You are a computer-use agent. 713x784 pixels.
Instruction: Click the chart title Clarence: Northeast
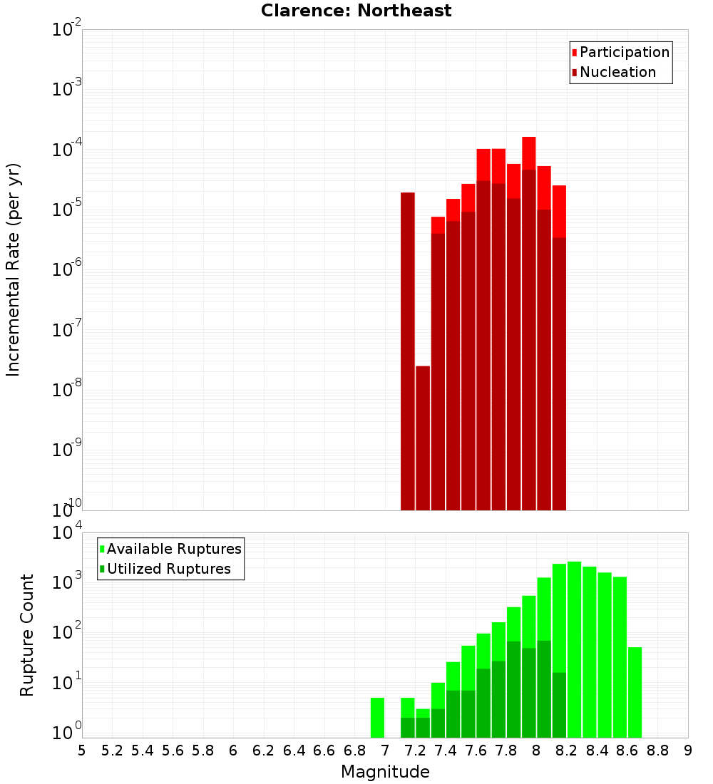356,11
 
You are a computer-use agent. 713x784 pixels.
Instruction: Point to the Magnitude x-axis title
385,772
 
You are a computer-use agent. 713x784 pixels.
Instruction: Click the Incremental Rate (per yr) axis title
14,269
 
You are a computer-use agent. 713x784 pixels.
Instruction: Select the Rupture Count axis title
27,635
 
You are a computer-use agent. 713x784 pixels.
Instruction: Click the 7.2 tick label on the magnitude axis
415,751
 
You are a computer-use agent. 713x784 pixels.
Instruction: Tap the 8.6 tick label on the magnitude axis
627,751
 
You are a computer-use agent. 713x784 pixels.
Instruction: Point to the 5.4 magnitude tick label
143,751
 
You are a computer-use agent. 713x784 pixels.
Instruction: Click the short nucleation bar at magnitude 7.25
423,438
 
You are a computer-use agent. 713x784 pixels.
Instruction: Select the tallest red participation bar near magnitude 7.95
528,153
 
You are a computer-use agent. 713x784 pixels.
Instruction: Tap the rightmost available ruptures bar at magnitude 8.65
635,692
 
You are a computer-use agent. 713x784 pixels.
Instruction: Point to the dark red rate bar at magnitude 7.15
408,349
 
